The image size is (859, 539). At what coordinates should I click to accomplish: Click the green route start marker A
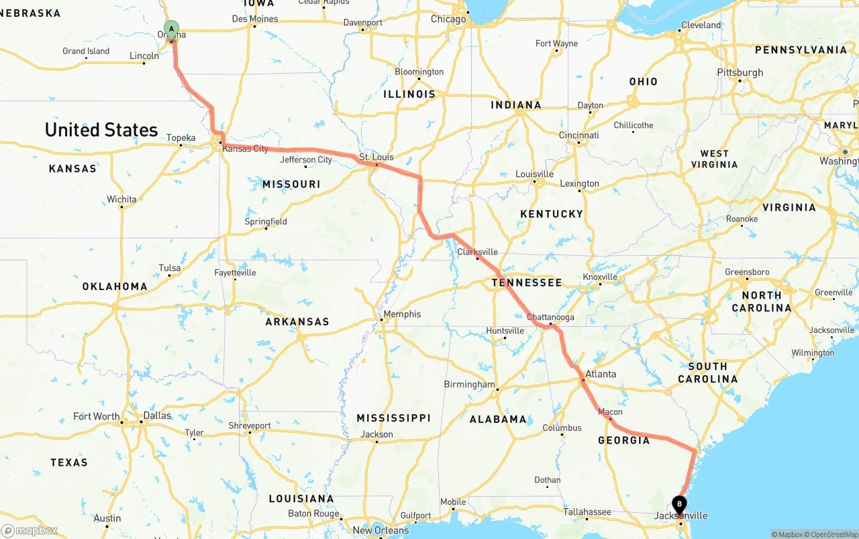pos(172,29)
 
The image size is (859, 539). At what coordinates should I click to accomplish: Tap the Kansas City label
pos(245,148)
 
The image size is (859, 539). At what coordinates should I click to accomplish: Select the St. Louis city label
pos(376,157)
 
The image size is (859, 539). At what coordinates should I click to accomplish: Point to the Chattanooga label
pos(550,317)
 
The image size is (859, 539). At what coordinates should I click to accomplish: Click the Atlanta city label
pos(600,374)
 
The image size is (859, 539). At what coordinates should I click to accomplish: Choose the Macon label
pos(610,411)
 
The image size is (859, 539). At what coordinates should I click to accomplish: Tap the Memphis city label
pos(402,313)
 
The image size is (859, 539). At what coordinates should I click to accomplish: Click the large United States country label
pos(101,130)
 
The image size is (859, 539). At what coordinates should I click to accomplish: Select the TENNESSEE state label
pos(527,283)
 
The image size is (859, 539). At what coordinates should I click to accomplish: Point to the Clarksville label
pos(477,252)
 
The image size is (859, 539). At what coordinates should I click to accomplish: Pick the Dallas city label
pos(157,415)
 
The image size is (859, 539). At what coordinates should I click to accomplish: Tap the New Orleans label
pos(381,530)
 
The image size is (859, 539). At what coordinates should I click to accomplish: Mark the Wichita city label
pos(121,199)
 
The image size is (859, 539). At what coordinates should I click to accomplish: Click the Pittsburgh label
pos(740,72)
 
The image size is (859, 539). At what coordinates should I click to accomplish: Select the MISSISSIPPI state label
pos(393,418)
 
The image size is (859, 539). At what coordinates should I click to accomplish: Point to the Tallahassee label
pos(587,512)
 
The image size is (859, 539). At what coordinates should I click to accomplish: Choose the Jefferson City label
pos(306,160)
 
